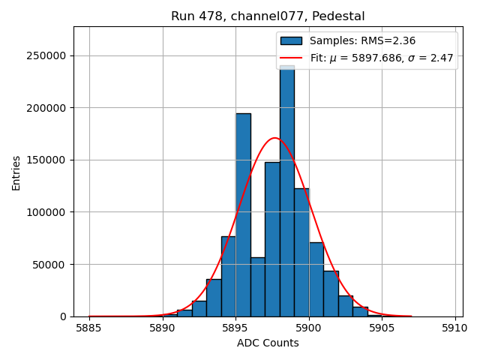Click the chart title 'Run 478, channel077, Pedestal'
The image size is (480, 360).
(268, 16)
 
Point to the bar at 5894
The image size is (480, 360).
(229, 277)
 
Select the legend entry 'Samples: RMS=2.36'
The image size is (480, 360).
(362, 40)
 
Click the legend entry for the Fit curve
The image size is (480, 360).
(382, 58)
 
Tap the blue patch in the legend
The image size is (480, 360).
(291, 40)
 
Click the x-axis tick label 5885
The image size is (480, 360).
(89, 328)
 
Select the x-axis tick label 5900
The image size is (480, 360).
(309, 328)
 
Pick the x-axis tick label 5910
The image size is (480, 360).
(455, 328)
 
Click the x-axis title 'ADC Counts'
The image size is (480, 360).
(268, 343)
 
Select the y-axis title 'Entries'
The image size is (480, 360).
(16, 172)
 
